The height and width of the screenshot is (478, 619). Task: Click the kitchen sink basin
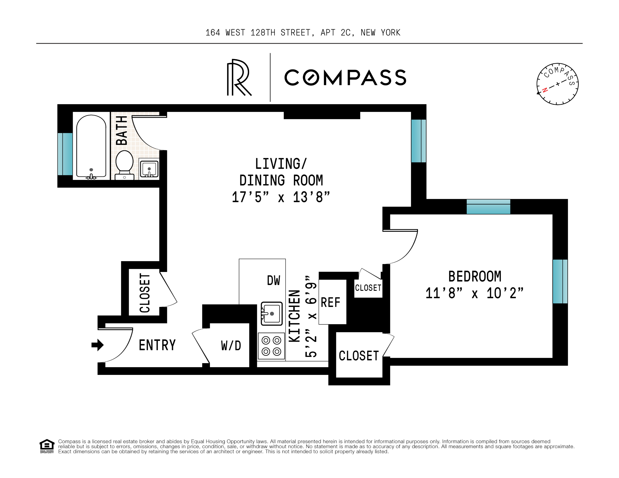[x=271, y=314]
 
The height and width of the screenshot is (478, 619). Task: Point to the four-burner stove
[x=271, y=346]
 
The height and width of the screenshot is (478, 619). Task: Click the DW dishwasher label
[x=273, y=280]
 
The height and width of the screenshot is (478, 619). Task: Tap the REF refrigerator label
[x=330, y=303]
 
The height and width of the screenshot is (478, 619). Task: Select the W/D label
[x=231, y=345]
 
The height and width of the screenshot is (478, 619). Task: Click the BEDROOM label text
[x=475, y=276]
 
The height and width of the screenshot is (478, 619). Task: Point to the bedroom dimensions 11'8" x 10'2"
[x=475, y=293]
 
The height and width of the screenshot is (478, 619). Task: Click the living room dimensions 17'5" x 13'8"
[x=281, y=197]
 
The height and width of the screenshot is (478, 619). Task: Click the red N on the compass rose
[x=545, y=90]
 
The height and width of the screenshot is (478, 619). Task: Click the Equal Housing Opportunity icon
[x=47, y=446]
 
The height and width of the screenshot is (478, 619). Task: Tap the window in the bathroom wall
[x=65, y=154]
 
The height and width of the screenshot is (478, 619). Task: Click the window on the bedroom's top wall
[x=488, y=207]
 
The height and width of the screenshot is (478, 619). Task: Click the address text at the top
[x=303, y=33]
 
